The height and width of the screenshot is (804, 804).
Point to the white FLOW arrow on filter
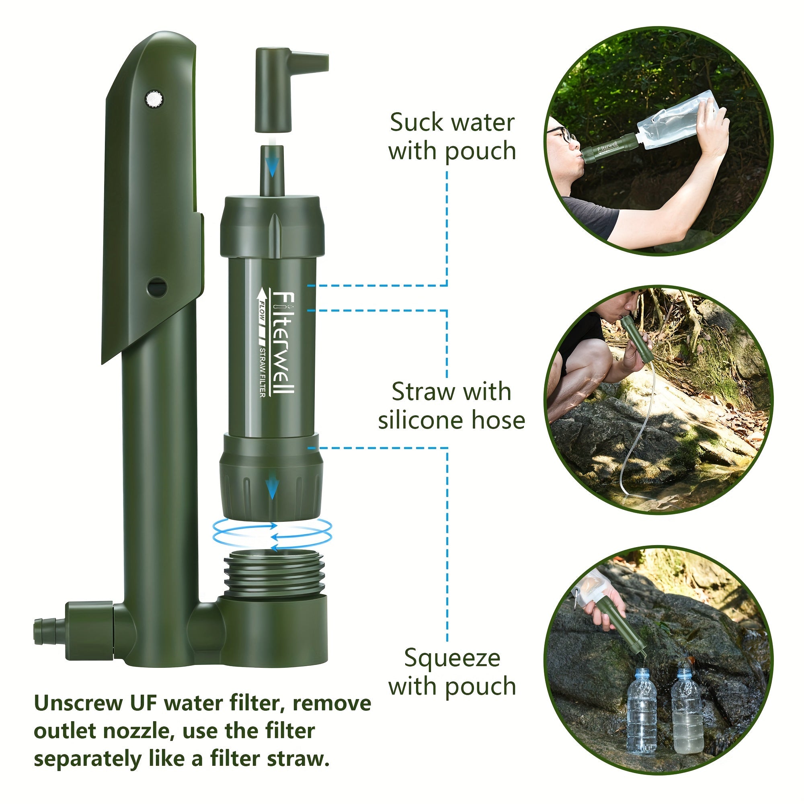pyautogui.click(x=263, y=304)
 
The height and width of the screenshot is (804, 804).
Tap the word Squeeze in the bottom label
pyautogui.click(x=452, y=659)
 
